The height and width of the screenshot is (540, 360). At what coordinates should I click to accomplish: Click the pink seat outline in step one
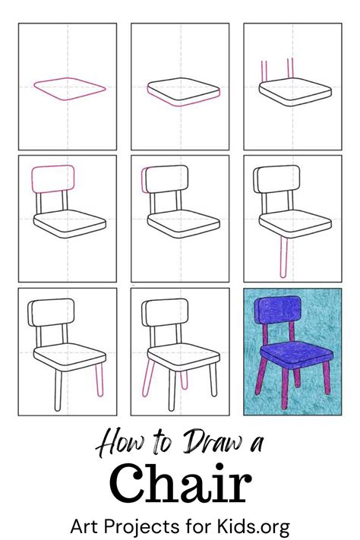69,88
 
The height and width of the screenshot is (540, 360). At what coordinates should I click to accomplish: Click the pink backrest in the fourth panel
52,179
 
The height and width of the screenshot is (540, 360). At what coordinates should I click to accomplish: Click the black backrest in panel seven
52,312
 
